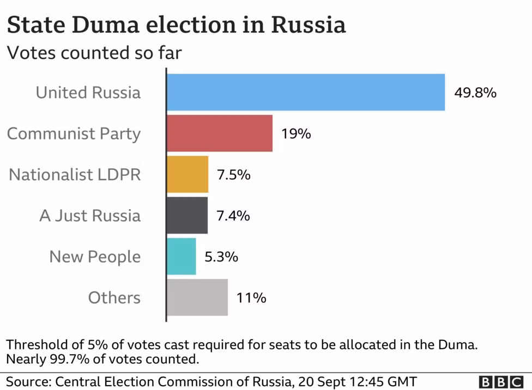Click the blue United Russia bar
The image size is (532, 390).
point(306,92)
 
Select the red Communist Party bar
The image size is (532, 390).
point(220,133)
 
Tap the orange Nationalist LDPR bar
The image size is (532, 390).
point(188,174)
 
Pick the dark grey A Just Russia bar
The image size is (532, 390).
point(188,215)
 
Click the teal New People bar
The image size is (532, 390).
point(181,257)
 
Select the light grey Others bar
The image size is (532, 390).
point(197,297)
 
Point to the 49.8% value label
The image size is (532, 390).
point(475,93)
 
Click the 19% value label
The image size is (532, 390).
point(296,133)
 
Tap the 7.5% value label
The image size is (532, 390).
point(234,175)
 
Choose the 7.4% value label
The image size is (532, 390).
point(233,216)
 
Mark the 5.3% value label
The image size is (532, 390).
point(221,257)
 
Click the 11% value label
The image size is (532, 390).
point(251,298)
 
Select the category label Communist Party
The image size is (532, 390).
point(74,134)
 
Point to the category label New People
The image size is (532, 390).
point(95,257)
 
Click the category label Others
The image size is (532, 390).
point(114,297)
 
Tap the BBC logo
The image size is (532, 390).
point(501,382)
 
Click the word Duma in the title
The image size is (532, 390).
point(106,25)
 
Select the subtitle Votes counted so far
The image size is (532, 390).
point(94,53)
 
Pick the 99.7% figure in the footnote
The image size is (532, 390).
point(70,359)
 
